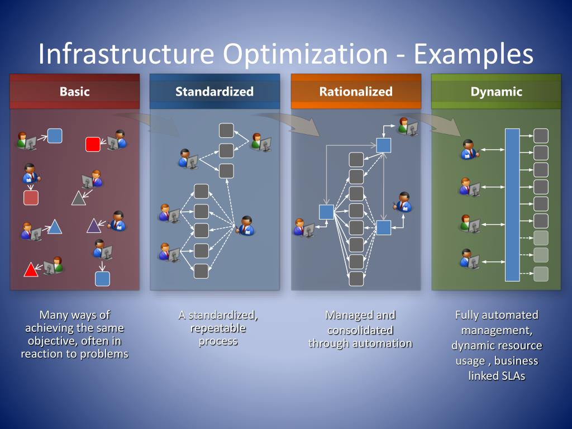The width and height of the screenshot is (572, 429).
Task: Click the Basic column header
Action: [74, 92]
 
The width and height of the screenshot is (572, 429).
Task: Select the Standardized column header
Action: [214, 92]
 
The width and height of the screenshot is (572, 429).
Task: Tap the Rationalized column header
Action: [356, 92]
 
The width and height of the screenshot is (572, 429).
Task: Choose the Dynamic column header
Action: [496, 92]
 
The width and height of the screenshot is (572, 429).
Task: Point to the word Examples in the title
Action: [474, 54]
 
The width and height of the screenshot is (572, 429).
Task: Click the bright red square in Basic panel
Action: [93, 144]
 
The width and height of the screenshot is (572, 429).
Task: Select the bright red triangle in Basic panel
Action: [30, 270]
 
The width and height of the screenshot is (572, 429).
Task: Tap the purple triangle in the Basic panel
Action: [93, 226]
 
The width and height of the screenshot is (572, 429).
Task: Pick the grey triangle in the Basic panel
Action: [79, 198]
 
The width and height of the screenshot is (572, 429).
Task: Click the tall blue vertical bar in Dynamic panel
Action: [512, 204]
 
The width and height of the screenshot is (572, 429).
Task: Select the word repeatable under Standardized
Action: [218, 328]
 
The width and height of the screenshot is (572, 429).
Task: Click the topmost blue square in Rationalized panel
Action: [384, 145]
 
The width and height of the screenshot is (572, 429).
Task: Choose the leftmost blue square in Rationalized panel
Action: [326, 212]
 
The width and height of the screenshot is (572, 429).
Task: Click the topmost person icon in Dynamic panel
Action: [469, 149]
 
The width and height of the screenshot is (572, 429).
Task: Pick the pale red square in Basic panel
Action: [31, 198]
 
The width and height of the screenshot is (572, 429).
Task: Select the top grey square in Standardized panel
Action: [226, 131]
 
